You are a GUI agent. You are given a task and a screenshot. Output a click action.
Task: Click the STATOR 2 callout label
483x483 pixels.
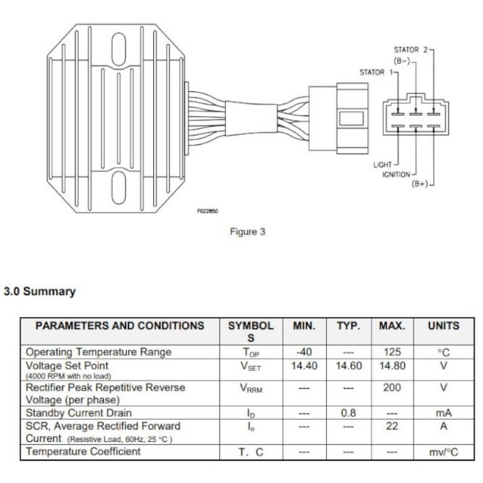click(x=411, y=50)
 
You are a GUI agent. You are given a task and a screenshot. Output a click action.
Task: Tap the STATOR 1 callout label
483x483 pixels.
click(x=374, y=72)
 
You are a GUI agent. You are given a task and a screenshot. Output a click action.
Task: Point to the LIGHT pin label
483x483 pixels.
click(x=382, y=165)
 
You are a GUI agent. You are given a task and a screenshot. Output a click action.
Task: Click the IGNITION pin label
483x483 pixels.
click(x=395, y=174)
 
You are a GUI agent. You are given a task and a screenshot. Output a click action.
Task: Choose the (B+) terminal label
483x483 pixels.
click(x=419, y=184)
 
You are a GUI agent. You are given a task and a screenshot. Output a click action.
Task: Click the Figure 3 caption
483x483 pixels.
click(x=247, y=231)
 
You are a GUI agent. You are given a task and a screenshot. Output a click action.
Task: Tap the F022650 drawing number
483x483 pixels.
click(x=207, y=211)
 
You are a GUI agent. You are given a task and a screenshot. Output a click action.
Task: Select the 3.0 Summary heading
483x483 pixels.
click(x=40, y=292)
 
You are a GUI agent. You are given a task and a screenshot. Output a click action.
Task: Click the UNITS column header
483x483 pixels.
click(x=443, y=325)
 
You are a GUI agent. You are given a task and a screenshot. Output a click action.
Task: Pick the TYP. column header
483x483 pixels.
click(x=348, y=325)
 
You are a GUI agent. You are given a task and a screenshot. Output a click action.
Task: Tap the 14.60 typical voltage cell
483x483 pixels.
click(x=348, y=366)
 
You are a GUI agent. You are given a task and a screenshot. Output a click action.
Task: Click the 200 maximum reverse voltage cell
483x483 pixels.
click(x=392, y=388)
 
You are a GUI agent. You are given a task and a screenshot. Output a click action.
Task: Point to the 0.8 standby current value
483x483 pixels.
click(x=348, y=414)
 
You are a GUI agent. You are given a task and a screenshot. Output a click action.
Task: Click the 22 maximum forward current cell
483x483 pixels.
click(x=392, y=426)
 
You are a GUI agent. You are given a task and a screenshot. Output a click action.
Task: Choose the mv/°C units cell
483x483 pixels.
click(x=443, y=452)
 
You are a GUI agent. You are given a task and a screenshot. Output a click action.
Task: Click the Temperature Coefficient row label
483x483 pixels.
click(x=83, y=452)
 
